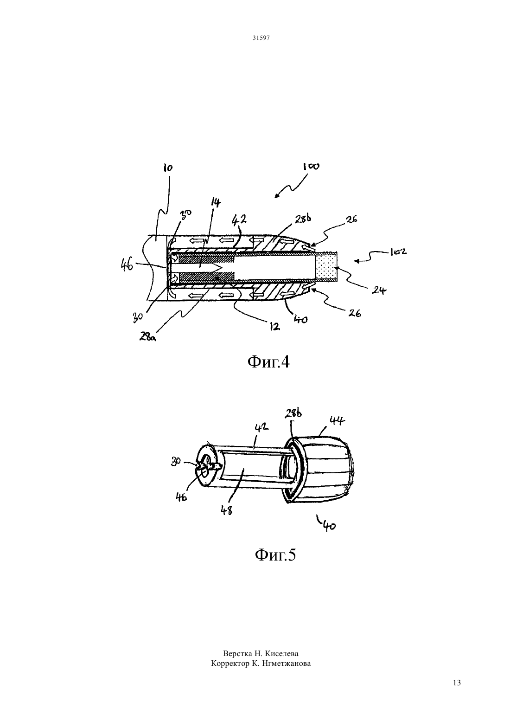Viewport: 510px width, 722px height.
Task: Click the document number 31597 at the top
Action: tap(261, 38)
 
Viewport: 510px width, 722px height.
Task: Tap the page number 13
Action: tap(457, 683)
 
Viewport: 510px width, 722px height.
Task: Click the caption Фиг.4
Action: tap(268, 362)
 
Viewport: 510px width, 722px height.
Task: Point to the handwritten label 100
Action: tap(311, 167)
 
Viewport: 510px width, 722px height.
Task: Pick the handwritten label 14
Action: tap(216, 203)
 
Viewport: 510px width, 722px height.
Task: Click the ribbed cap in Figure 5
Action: tap(328, 468)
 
